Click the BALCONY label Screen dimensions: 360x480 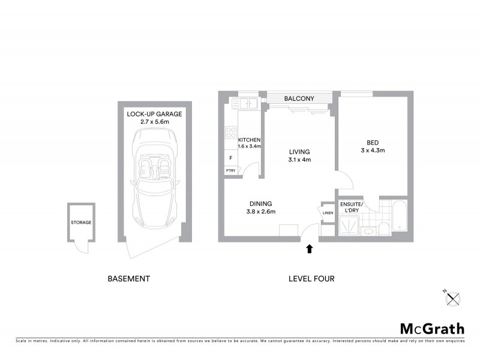pyautogui.click(x=299, y=98)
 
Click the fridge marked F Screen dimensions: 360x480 pyautogui.click(x=230, y=158)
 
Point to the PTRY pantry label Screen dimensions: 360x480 pyautogui.click(x=230, y=171)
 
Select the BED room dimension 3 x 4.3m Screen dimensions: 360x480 pyautogui.click(x=372, y=151)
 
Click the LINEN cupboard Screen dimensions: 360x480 pyautogui.click(x=328, y=213)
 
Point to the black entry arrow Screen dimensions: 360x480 pyautogui.click(x=310, y=248)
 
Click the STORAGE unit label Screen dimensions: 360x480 pyautogui.click(x=81, y=223)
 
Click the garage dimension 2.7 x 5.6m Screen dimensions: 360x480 pyautogui.click(x=154, y=122)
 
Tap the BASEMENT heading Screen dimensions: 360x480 pyautogui.click(x=128, y=279)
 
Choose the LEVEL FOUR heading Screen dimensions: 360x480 pyautogui.click(x=311, y=279)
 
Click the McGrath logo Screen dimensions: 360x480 pyautogui.click(x=432, y=328)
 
